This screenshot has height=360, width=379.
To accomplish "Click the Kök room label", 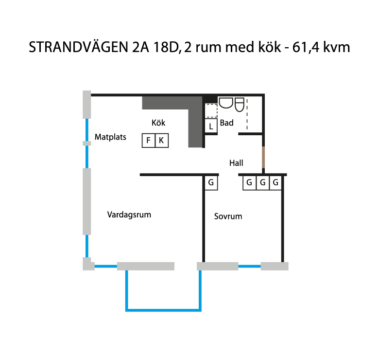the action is tap(158, 123).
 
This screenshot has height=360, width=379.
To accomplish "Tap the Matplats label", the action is tap(110, 137).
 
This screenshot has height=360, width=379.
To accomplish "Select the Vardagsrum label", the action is tap(129, 215).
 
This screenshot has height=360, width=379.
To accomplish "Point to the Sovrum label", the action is tap(228, 216).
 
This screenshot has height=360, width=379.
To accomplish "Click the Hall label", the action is tap(236, 163).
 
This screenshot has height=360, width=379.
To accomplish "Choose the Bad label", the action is tap(226, 123).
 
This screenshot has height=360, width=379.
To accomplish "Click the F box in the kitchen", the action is tap(148, 140).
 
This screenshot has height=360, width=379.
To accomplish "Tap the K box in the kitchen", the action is tap(162, 140).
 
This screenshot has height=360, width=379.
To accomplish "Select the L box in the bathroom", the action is tap(211, 126).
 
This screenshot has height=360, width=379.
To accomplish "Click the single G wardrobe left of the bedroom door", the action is tap(211, 183).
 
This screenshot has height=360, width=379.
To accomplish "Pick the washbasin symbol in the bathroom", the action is tap(226, 103).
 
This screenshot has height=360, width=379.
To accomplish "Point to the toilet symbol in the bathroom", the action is tap(240, 105).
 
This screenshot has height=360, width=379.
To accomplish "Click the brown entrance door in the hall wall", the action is tap(263, 157).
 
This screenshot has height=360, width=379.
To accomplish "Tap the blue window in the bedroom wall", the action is tap(249, 267).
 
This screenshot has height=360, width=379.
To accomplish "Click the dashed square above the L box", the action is tap(211, 110).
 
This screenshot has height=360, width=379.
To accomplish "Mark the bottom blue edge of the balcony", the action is tap(163, 310).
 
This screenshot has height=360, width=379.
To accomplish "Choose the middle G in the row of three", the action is tap(263, 183).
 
